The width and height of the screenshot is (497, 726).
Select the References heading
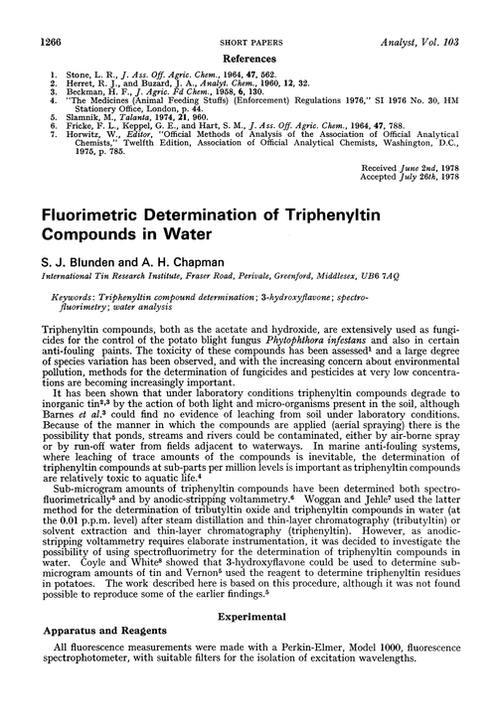248,32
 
